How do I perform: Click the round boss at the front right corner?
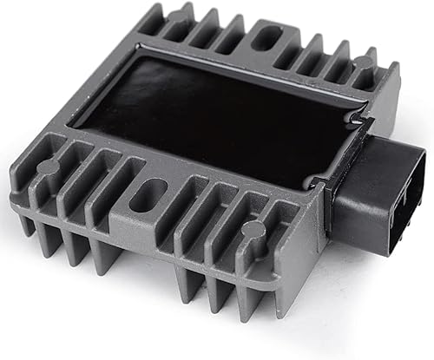tap(253, 230)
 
